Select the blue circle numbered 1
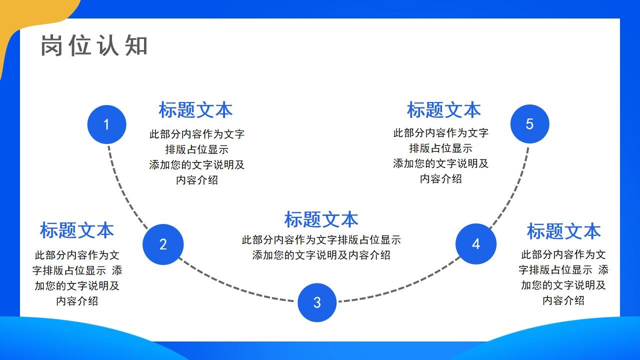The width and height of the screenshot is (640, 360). [x=106, y=124]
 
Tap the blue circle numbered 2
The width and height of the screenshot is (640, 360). [x=163, y=244]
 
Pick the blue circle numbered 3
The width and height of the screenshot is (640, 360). [x=317, y=302]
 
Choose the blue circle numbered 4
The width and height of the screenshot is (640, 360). [x=476, y=244]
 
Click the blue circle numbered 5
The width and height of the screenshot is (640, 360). [x=530, y=124]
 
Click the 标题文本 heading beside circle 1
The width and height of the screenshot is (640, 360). [x=195, y=110]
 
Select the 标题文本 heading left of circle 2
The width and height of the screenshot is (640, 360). [x=77, y=230]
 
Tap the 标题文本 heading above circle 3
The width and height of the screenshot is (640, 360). [x=321, y=219]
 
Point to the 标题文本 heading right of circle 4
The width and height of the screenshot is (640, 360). [x=563, y=231]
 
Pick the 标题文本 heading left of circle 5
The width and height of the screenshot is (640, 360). [x=443, y=110]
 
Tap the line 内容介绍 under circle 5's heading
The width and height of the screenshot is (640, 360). [x=440, y=178]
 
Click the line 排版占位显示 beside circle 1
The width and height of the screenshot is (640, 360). [x=196, y=149]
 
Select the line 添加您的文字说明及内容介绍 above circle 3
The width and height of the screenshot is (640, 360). [x=321, y=255]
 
